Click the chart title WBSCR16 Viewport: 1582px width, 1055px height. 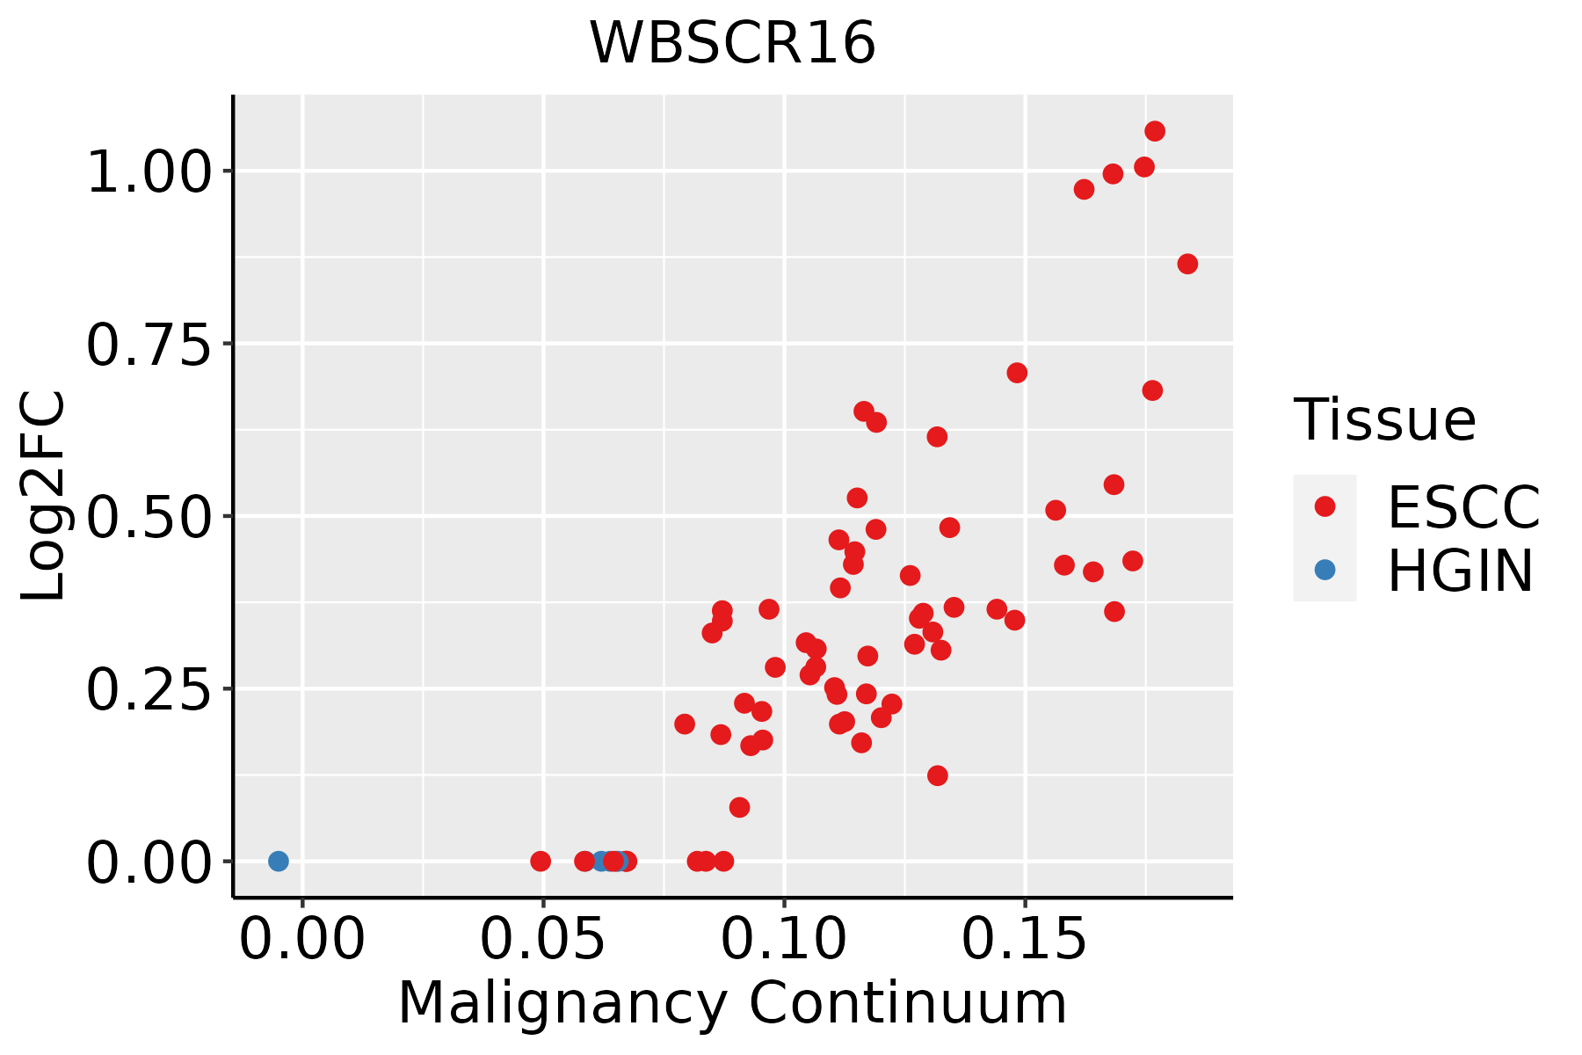point(732,43)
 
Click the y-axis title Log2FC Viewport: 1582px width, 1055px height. point(44,497)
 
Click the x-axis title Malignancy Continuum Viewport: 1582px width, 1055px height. point(732,1003)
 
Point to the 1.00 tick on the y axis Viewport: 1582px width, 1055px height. point(149,171)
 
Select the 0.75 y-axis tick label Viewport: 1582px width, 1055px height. point(149,344)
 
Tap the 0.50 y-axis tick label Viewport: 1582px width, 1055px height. point(149,516)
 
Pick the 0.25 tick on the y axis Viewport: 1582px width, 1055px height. point(149,688)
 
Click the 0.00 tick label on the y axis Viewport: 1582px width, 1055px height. point(149,862)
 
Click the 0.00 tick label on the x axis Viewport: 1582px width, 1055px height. point(302,940)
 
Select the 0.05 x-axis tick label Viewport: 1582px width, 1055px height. point(543,940)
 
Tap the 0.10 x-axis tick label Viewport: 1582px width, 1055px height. point(784,940)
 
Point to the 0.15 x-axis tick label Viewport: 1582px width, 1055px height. point(1025,940)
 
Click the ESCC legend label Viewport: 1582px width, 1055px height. point(1463,507)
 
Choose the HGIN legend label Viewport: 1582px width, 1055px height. point(1460,571)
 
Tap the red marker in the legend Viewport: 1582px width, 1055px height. point(1324,506)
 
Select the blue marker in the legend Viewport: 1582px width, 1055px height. point(1324,570)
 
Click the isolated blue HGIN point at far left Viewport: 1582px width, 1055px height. point(279,861)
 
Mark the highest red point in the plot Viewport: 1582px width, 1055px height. point(1155,131)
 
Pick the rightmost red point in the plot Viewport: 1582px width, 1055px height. point(1187,264)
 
